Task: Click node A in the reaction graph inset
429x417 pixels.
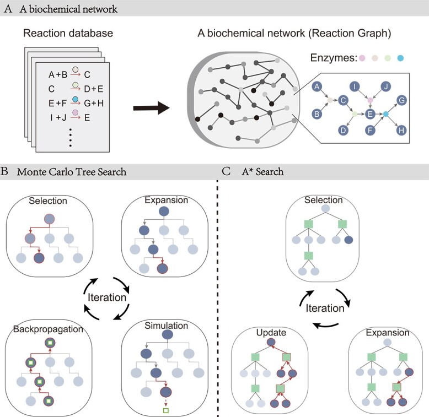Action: pos(317,87)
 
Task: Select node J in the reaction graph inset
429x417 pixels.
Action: pos(386,86)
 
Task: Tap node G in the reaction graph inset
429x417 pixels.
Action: pos(401,100)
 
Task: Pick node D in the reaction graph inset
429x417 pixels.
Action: pos(343,131)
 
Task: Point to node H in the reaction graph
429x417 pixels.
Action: pos(401,131)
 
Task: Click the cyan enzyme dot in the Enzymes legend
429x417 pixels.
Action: pos(400,58)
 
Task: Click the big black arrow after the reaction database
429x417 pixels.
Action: pos(151,108)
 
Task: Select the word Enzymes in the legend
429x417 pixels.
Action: pos(334,58)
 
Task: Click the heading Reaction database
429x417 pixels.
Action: pos(68,33)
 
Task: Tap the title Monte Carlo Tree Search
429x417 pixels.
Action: pos(72,172)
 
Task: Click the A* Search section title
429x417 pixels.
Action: pos(262,172)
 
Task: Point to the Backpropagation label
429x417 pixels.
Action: pos(48,329)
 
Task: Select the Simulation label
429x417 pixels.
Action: pos(167,326)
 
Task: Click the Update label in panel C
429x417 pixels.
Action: pos(271,333)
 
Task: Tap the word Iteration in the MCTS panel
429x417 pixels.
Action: pos(107,297)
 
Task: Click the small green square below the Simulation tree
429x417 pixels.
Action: pos(165,410)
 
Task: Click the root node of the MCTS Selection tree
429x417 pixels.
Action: pos(50,219)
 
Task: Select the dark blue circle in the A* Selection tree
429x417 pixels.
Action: pos(348,240)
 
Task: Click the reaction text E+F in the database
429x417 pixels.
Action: pos(57,104)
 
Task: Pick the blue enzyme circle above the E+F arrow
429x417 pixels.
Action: pos(75,99)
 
